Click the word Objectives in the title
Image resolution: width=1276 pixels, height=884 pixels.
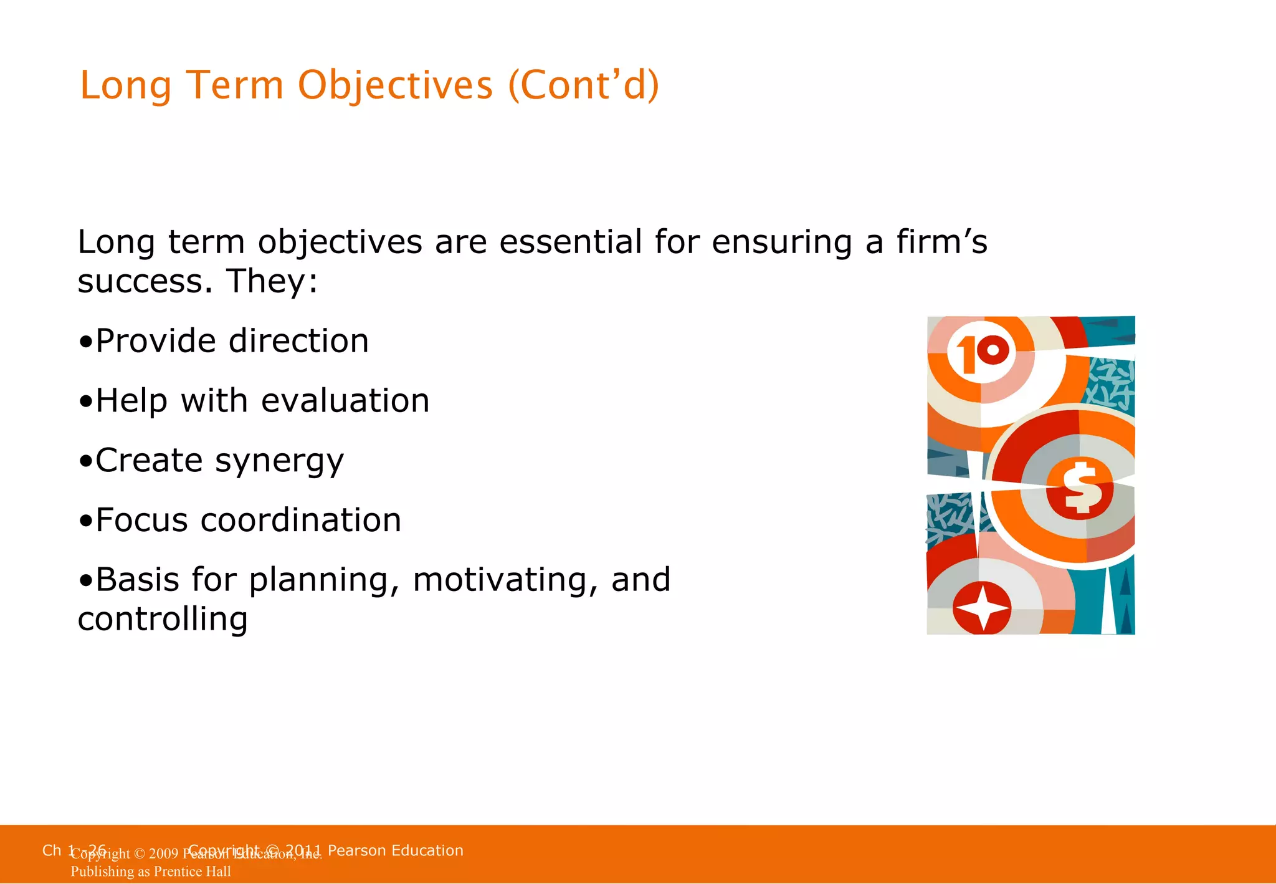pyautogui.click(x=395, y=85)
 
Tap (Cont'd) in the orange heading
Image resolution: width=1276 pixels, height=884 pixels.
pyautogui.click(x=583, y=85)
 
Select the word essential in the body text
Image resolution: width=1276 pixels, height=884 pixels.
pyautogui.click(x=570, y=242)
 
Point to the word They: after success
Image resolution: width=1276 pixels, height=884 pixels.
pyautogui.click(x=272, y=281)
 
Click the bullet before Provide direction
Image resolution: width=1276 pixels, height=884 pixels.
pyautogui.click(x=85, y=342)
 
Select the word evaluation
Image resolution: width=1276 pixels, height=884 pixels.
pyautogui.click(x=345, y=401)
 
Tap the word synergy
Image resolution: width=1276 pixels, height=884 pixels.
pyautogui.click(x=279, y=462)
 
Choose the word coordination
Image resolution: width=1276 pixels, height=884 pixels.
pyautogui.click(x=300, y=521)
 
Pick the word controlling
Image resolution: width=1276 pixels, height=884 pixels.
pyautogui.click(x=163, y=619)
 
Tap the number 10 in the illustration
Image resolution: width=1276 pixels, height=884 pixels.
pyautogui.click(x=981, y=354)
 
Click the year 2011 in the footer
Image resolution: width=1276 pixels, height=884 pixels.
pyautogui.click(x=303, y=850)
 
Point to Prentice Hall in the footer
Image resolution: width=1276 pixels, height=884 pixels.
pyautogui.click(x=192, y=872)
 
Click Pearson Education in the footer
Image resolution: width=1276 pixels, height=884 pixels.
pyautogui.click(x=395, y=850)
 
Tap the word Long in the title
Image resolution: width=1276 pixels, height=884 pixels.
pyautogui.click(x=125, y=85)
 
